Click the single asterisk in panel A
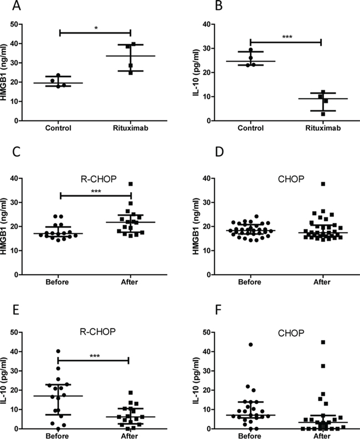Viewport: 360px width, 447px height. coord(95,27)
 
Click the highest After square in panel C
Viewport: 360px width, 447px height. coord(131,184)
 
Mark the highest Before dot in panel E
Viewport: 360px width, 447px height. coord(58,351)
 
